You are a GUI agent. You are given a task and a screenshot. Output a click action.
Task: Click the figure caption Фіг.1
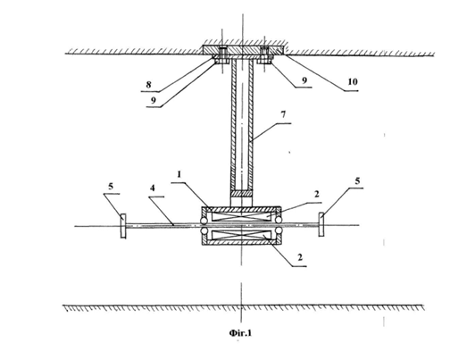pos(240,333)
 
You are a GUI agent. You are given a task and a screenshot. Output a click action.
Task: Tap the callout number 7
pos(283,115)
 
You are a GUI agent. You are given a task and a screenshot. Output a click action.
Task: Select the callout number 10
pos(353,81)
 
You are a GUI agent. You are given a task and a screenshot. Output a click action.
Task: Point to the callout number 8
pos(148,85)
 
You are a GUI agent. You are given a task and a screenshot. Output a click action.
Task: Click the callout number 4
pos(153,188)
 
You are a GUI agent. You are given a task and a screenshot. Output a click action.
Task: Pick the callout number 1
pos(179,175)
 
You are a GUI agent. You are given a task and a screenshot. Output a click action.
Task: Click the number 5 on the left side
pos(111,186)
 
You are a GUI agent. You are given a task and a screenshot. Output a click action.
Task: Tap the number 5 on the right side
pos(357,181)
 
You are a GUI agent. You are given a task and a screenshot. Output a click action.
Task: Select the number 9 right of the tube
pos(304,80)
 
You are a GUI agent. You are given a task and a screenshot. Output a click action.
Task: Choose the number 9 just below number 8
pos(154,100)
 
